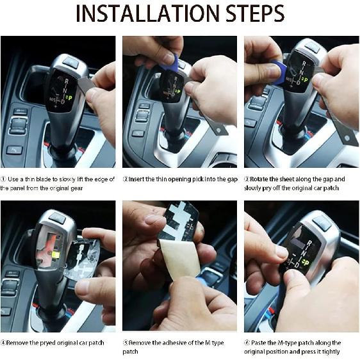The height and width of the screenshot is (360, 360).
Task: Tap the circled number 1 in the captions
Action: [x=4, y=179]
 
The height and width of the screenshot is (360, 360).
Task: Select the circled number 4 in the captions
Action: [x=4, y=343]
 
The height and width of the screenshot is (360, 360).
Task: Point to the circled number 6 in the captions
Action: [x=248, y=343]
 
